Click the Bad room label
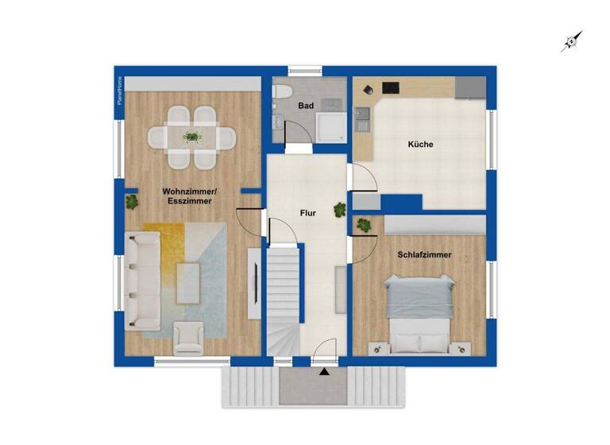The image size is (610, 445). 307,106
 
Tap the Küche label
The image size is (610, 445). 420,145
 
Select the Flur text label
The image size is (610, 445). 308,213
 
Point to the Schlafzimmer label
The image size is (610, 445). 425,254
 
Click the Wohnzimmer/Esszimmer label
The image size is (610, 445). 189,196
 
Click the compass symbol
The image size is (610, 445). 572,41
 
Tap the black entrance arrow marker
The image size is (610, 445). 324,370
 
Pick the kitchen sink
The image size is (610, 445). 363,118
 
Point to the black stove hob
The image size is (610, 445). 392,87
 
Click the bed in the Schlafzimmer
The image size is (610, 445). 419,312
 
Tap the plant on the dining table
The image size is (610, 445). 191,137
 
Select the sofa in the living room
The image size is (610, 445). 141,278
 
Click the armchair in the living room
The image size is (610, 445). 189,337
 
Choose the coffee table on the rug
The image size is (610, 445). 188,282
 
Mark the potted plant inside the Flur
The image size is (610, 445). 340,210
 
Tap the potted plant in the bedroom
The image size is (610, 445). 365,225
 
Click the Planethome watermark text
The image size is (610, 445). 120,91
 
